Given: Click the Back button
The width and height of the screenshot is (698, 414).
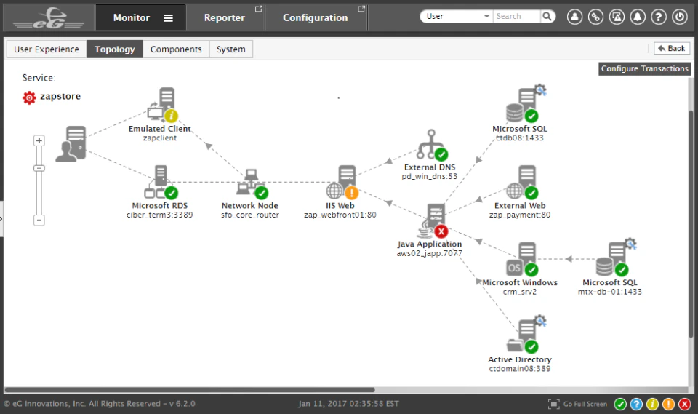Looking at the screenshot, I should [x=671, y=49].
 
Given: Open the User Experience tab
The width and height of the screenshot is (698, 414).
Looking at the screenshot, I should [x=47, y=49].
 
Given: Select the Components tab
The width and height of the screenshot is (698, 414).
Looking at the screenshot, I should [x=176, y=49].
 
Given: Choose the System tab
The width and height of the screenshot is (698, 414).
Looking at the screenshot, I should [x=231, y=49].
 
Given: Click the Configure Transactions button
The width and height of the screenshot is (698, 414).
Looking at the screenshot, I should [x=644, y=68].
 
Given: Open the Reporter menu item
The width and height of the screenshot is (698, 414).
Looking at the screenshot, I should [x=225, y=17].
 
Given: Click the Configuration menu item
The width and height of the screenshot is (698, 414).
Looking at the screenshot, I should [x=316, y=17].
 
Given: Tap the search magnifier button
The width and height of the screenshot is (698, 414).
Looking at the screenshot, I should [x=547, y=16].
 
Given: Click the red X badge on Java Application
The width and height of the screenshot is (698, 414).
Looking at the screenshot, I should [x=441, y=231].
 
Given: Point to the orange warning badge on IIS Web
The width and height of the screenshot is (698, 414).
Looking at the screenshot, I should [x=351, y=193].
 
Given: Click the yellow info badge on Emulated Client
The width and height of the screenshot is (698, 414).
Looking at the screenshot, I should [x=172, y=116].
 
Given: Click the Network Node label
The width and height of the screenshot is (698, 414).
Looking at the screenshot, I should [x=250, y=206].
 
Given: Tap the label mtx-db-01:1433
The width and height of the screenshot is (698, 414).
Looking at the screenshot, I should [x=610, y=292].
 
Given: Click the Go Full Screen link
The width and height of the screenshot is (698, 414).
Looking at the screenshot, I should [x=585, y=404].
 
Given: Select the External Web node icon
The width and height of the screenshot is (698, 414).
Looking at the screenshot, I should [x=523, y=182].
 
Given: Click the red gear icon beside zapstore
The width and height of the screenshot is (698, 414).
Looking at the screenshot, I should [x=29, y=97].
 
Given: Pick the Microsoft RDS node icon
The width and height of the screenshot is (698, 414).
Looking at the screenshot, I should [x=159, y=182].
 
